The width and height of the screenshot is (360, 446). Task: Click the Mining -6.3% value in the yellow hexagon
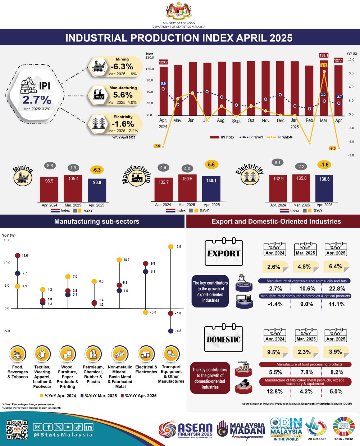click(x=122, y=67)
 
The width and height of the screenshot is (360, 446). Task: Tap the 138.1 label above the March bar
click(x=324, y=55)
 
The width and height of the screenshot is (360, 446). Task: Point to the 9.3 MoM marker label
click(x=324, y=65)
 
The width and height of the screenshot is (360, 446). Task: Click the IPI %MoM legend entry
click(x=281, y=137)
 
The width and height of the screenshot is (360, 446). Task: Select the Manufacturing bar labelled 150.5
click(x=187, y=188)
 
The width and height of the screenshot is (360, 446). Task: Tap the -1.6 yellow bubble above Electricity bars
click(x=324, y=165)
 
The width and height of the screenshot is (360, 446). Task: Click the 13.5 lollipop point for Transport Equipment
click(x=170, y=247)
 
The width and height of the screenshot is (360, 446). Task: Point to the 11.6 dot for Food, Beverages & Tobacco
click(x=17, y=255)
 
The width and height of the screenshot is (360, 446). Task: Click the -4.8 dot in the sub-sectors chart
click(x=170, y=331)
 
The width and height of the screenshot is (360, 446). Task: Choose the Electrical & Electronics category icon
click(x=146, y=355)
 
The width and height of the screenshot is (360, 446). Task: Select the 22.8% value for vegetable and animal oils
click(x=337, y=288)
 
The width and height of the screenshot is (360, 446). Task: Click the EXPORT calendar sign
click(x=223, y=252)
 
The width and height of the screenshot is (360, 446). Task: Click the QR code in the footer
click(x=17, y=430)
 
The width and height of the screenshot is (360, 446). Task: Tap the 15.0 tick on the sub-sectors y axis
click(x=7, y=240)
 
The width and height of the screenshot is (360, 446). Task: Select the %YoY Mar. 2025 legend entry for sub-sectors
click(x=99, y=396)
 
